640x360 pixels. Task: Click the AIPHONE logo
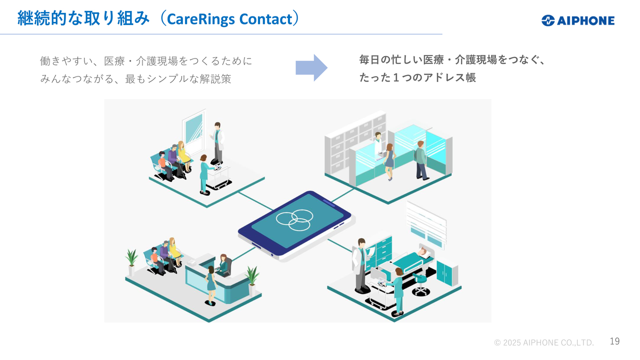coord(577,20)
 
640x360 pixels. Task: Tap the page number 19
coord(614,341)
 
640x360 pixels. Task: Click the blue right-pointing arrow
coord(311,67)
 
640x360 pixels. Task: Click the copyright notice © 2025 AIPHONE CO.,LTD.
coord(544,342)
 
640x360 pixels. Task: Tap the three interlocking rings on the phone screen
coord(294,220)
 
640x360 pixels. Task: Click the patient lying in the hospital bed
coord(424,251)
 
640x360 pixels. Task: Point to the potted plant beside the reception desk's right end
coord(252,278)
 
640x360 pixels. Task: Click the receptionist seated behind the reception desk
coord(224,264)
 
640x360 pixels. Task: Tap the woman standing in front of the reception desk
coord(210,285)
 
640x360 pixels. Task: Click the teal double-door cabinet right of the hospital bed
coord(446,273)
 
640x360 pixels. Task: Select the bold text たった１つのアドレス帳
coord(417,77)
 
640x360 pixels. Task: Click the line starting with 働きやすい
coord(146,61)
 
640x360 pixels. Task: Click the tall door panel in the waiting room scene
coord(193,131)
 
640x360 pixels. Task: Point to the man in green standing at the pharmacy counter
coord(421,159)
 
